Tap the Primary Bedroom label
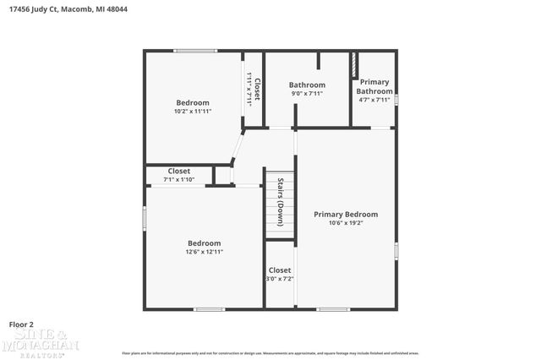pos(346,215)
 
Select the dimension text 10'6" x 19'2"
pos(346,224)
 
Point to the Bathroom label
pos(307,85)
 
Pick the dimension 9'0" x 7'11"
pos(307,94)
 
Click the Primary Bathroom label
pos(374,87)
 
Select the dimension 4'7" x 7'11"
pos(374,100)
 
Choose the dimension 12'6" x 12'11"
pos(204,252)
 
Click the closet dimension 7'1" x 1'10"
pos(178,179)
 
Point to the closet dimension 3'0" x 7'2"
pos(280,279)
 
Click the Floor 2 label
pos(21,324)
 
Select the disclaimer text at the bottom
pos(270,352)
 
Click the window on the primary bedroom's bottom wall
pos(333,308)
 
